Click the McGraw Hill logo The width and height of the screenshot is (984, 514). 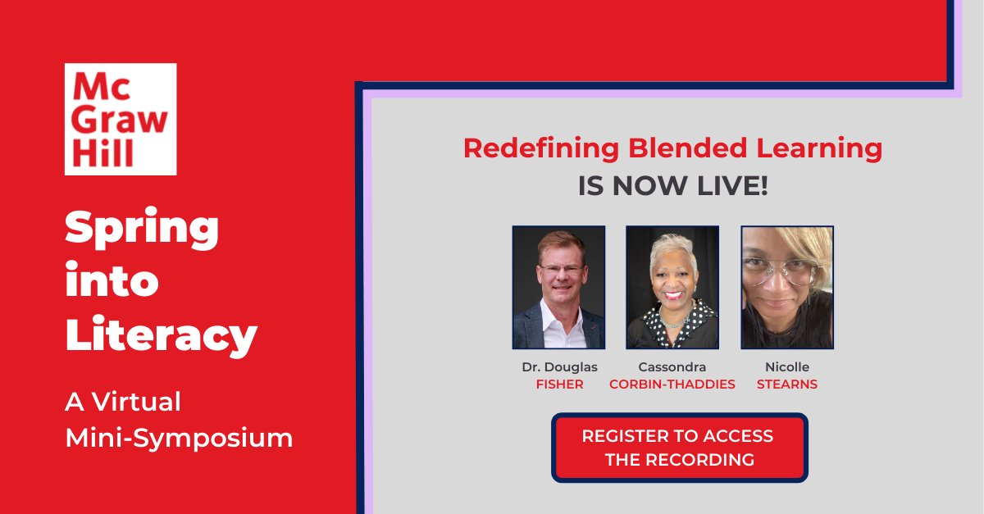click(x=121, y=119)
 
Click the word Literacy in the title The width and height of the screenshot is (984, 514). click(x=162, y=334)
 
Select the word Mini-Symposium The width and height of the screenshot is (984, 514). click(x=179, y=438)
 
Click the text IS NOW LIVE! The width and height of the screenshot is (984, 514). click(x=672, y=185)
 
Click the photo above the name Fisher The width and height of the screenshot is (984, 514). click(x=558, y=288)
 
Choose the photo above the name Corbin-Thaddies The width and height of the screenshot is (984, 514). click(x=672, y=288)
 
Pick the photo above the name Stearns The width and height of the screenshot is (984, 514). click(x=787, y=288)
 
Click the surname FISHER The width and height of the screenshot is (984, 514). click(x=559, y=384)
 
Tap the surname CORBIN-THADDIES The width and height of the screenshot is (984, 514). click(x=672, y=384)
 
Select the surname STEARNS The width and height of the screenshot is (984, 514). click(x=787, y=384)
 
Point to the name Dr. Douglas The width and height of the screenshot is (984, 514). click(x=559, y=366)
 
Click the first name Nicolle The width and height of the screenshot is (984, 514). click(x=787, y=366)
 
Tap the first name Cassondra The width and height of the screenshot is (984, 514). click(x=672, y=366)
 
